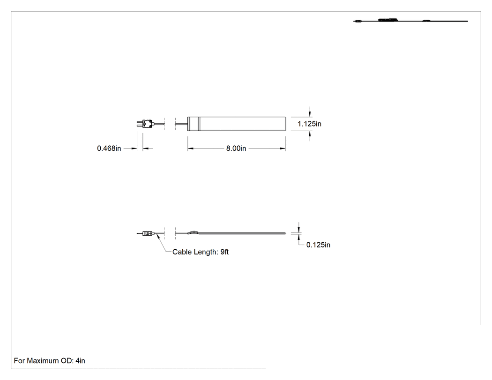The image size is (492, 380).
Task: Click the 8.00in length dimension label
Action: click(236, 149)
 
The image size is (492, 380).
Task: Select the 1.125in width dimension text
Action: click(309, 124)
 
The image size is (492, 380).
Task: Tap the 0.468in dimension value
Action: click(109, 149)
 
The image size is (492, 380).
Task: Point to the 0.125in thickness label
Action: click(318, 245)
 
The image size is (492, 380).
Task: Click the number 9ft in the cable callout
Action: click(224, 252)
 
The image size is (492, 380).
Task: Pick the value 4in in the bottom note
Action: click(80, 361)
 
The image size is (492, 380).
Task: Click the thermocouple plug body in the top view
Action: click(147, 124)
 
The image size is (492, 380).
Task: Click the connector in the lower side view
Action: click(148, 233)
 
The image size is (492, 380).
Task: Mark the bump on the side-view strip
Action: click(193, 232)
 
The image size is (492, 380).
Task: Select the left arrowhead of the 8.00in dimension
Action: click(190, 149)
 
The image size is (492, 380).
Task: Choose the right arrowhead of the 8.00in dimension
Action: click(283, 149)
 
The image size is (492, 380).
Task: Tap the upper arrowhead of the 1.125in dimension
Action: click(310, 113)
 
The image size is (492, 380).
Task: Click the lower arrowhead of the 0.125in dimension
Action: click(299, 237)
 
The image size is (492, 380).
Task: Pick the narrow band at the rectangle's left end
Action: click(194, 124)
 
